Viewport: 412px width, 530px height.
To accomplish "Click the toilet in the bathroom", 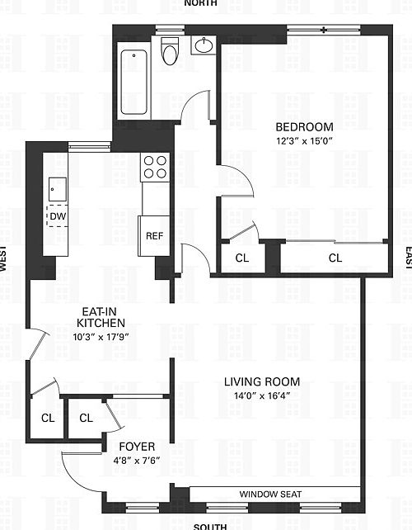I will coord(171,52).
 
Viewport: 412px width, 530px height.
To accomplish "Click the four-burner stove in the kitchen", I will coord(155,168).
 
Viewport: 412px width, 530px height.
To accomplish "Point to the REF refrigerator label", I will coord(154,235).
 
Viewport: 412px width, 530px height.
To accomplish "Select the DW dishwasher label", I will coord(57,216).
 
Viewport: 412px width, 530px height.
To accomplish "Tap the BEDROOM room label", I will coord(304,127).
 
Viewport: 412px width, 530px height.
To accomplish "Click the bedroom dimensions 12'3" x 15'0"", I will coord(304,140).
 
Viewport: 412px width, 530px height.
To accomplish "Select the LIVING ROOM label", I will coord(262,381).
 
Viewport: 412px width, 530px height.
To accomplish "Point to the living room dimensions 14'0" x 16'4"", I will coord(262,395).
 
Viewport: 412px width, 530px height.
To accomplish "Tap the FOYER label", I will coord(138,447).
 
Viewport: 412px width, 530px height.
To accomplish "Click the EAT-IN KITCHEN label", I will coord(101,318).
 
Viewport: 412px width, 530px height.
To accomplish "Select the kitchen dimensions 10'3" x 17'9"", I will coord(101,337).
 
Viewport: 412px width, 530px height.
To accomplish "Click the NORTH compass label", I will coord(202,4).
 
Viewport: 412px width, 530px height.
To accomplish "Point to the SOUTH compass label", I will coord(209,525).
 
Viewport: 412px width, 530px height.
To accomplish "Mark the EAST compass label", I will coord(407,258).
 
